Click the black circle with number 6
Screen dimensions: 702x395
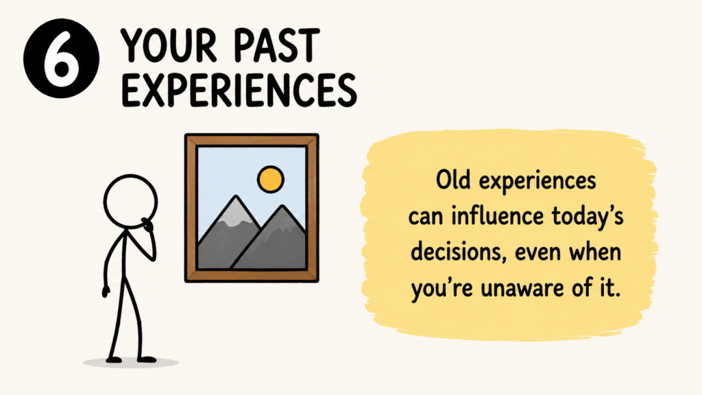point(61,58)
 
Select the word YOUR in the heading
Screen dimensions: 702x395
point(169,45)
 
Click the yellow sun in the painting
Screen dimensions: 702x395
point(271,179)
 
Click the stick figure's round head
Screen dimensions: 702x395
point(130,202)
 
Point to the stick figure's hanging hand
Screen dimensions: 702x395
point(106,291)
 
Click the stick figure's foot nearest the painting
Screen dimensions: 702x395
point(147,359)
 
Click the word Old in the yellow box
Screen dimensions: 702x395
point(453,180)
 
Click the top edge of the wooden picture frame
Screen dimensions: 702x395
point(252,139)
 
